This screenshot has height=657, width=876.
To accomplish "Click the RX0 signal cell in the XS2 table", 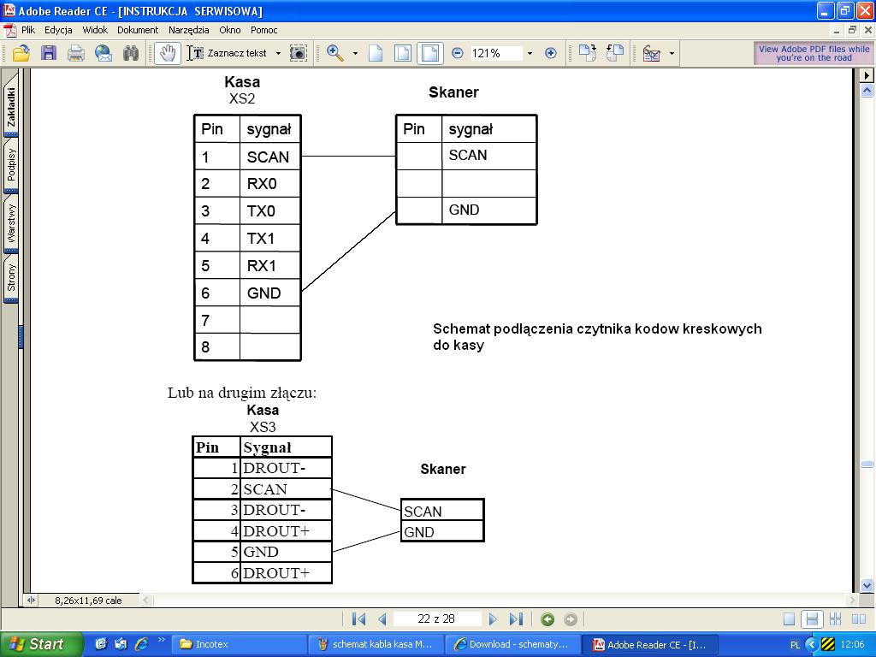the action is click(269, 184).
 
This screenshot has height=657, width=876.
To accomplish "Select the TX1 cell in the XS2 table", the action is click(269, 239).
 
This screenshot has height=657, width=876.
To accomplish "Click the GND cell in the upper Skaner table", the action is click(488, 210).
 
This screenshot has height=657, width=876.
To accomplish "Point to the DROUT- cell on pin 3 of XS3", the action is click(286, 510).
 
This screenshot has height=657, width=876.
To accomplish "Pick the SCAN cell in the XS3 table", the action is click(286, 489).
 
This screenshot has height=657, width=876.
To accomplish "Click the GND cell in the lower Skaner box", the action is click(442, 532).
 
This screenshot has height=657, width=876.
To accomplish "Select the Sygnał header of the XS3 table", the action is click(286, 447).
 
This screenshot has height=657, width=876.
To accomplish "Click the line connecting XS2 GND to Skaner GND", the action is click(349, 252).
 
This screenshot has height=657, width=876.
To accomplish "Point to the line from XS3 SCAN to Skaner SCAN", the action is click(366, 500).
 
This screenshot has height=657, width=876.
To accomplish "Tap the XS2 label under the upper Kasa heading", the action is click(242, 99).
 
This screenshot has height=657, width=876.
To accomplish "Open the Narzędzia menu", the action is click(189, 30).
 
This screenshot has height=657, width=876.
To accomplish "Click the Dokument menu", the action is click(138, 30).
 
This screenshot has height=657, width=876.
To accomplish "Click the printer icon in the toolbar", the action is click(76, 54).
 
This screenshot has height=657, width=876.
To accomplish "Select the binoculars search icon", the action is click(131, 54).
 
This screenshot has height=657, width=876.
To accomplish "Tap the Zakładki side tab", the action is click(10, 107).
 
